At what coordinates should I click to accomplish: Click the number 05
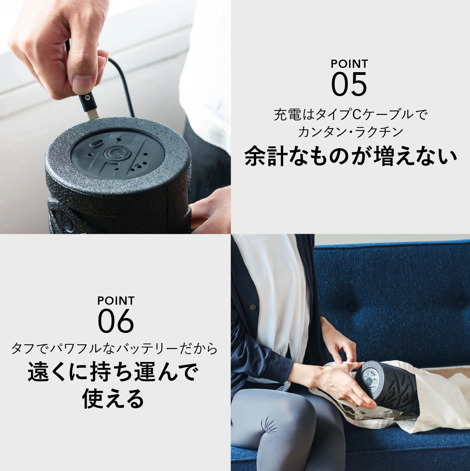[x=349, y=84]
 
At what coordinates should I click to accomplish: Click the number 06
[x=116, y=321]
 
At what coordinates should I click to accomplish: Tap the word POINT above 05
[x=349, y=64]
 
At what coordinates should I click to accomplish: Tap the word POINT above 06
[x=116, y=301]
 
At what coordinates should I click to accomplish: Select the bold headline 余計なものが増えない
[x=351, y=156]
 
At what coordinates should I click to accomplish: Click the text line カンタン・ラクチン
[x=350, y=132]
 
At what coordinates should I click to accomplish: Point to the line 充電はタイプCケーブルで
[x=350, y=115]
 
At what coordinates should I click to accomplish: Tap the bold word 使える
[x=113, y=399]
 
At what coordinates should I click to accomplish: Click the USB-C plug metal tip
[x=92, y=113]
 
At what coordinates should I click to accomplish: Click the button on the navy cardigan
[x=253, y=306]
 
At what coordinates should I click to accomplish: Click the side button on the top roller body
[x=67, y=222]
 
